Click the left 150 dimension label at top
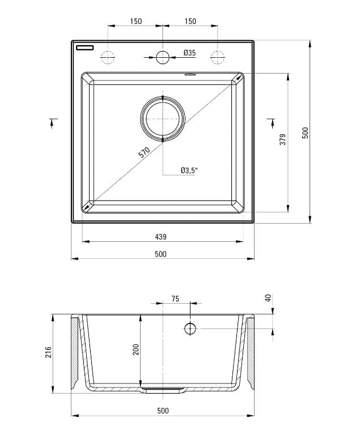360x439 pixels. pos(135,22)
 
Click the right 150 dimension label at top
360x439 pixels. pos(190,22)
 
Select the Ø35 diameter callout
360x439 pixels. pos(189,53)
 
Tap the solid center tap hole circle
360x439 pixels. pos(163,57)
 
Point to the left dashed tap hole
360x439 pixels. pos(107,57)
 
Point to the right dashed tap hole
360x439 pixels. pos(218,57)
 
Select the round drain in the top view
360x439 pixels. pos(163,117)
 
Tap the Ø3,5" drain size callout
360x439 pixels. pos(189,170)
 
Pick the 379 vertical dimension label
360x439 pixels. pos(283,140)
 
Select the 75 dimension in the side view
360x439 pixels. pos(175,299)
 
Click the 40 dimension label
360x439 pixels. pos(268,298)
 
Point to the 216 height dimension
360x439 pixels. pos(49,352)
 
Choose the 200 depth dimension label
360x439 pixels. pos(135,350)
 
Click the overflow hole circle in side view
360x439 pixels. pos(190,329)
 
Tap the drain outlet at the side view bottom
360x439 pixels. pos(163,390)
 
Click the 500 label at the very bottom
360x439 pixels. pos(162,411)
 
